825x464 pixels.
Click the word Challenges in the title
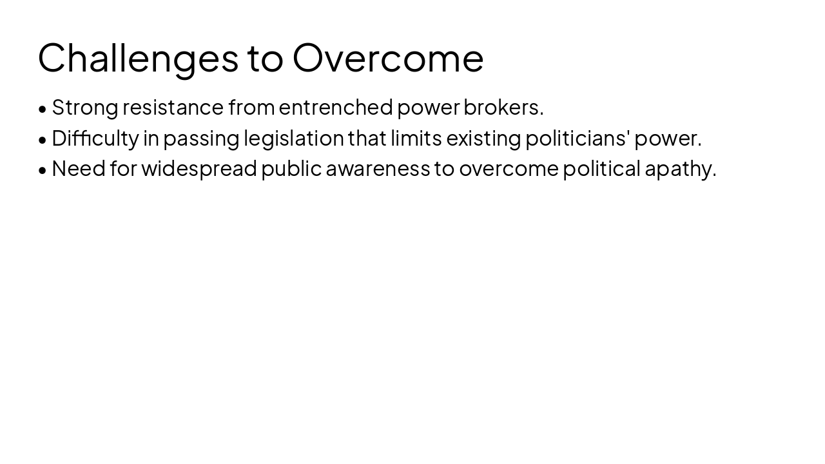pyautogui.click(x=138, y=58)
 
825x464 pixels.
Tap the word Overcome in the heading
pyautogui.click(x=388, y=58)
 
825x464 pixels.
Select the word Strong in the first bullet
pyautogui.click(x=85, y=108)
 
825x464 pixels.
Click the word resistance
pyautogui.click(x=173, y=108)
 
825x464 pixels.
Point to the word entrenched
pyautogui.click(x=335, y=108)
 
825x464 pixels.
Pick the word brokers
pyautogui.click(x=503, y=108)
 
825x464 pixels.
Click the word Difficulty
pyautogui.click(x=95, y=138)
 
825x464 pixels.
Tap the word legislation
pyautogui.click(x=293, y=138)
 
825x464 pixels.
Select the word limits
pyautogui.click(x=416, y=138)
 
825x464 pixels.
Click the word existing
pyautogui.click(x=483, y=138)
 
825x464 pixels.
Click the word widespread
pyautogui.click(x=199, y=168)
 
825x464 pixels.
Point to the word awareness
pyautogui.click(x=378, y=168)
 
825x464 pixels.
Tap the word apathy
pyautogui.click(x=680, y=168)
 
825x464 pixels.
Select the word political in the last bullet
pyautogui.click(x=601, y=168)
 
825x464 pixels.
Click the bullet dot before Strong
pyautogui.click(x=43, y=109)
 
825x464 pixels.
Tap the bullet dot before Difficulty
pyautogui.click(x=43, y=139)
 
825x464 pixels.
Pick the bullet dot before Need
pyautogui.click(x=43, y=169)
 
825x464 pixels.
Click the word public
pyautogui.click(x=291, y=168)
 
